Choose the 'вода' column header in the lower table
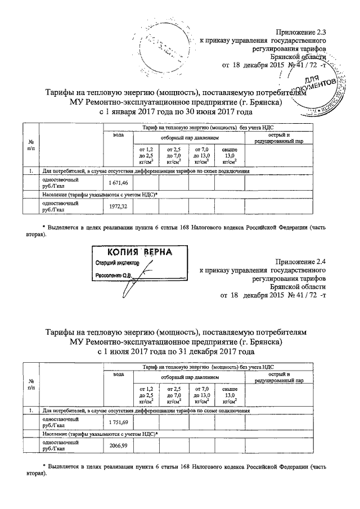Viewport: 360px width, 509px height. [x=118, y=375]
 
